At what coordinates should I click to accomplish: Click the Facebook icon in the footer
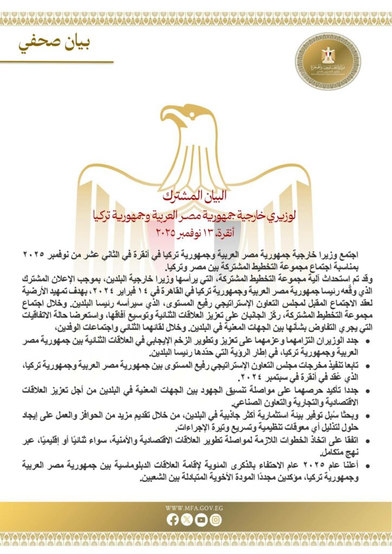pyautogui.click(x=173, y=520)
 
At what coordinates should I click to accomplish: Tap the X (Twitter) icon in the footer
pyautogui.click(x=187, y=520)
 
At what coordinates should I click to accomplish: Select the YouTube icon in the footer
pyautogui.click(x=201, y=520)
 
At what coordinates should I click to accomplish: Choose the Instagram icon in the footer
pyautogui.click(x=216, y=520)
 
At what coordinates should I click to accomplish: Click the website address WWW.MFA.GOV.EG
pyautogui.click(x=194, y=508)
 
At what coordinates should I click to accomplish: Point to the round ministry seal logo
pyautogui.click(x=327, y=60)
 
